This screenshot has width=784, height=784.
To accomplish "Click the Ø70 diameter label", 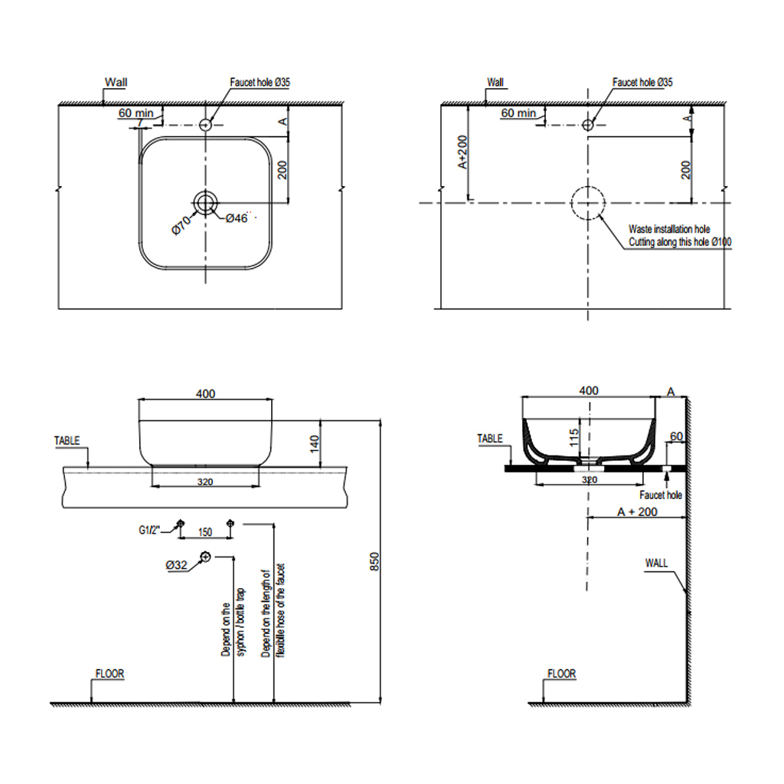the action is [181, 224].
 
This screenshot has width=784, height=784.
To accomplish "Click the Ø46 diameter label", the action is [237, 218].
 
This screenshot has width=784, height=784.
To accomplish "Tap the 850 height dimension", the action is [374, 561].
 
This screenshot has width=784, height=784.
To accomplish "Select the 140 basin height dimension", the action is [314, 443].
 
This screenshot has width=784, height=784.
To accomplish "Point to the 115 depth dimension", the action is [573, 437].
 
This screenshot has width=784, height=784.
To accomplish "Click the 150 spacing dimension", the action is [205, 532].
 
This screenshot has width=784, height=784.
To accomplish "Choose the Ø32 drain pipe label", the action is [176, 565].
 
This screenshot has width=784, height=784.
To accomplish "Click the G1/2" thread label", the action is [149, 530].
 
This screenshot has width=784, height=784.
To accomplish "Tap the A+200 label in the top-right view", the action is [462, 152].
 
